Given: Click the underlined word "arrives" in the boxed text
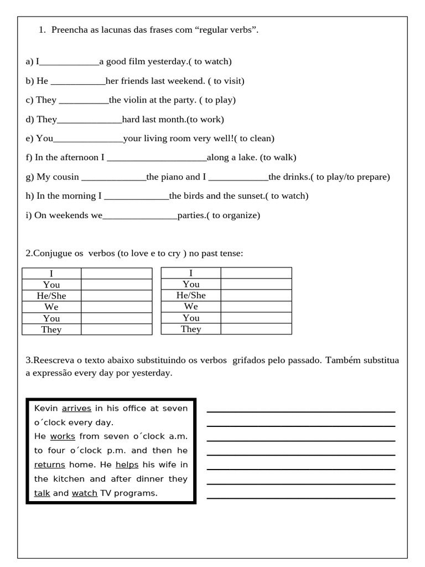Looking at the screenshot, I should [x=76, y=409].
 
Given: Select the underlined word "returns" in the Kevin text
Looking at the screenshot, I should [x=50, y=465].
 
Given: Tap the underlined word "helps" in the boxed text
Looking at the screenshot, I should [x=127, y=465].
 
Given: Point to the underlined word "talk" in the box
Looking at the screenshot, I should [x=42, y=493].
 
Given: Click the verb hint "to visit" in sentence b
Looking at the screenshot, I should [x=227, y=81].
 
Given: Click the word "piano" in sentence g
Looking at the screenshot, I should [x=172, y=177].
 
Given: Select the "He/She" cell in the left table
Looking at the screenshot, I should [x=51, y=296].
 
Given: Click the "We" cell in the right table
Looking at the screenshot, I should [x=191, y=307].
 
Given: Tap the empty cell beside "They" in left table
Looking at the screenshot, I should [x=116, y=329].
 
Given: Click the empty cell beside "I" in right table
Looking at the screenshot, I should [x=256, y=273].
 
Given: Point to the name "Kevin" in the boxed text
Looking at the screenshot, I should [x=46, y=409].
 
